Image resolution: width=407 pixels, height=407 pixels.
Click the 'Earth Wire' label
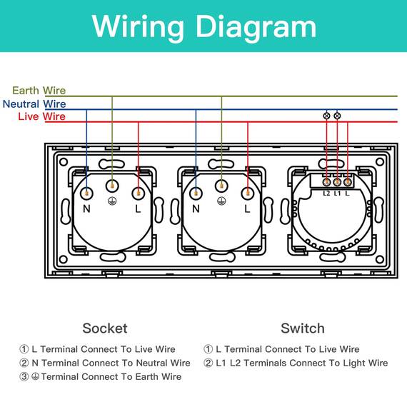(39, 91)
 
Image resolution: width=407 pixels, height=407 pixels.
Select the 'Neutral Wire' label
(34, 104)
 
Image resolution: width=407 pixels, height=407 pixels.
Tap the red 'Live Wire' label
(42, 116)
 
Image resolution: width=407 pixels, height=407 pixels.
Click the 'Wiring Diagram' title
(204, 26)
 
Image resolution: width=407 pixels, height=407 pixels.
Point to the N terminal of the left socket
(86, 193)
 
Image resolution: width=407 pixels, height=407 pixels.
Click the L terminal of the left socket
(138, 193)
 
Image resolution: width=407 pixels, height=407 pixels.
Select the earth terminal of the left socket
(112, 186)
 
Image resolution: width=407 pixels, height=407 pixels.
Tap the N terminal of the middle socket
(196, 193)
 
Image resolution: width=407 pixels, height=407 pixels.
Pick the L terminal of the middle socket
(248, 193)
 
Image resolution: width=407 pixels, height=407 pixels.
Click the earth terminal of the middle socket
(221, 186)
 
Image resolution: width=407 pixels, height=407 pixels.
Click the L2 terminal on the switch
(326, 182)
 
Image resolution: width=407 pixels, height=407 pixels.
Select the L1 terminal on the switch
(337, 182)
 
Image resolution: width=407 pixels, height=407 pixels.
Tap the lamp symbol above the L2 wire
(326, 116)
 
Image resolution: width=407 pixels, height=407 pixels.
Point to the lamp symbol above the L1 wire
(337, 116)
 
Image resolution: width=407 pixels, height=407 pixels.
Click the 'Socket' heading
(105, 328)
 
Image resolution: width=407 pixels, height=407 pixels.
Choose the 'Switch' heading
(303, 328)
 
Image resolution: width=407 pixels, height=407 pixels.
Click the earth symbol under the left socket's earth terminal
(112, 201)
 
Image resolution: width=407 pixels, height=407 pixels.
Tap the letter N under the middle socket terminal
(196, 208)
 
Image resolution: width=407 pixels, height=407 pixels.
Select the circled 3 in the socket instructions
(24, 376)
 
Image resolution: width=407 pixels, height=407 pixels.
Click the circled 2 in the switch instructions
(208, 363)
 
